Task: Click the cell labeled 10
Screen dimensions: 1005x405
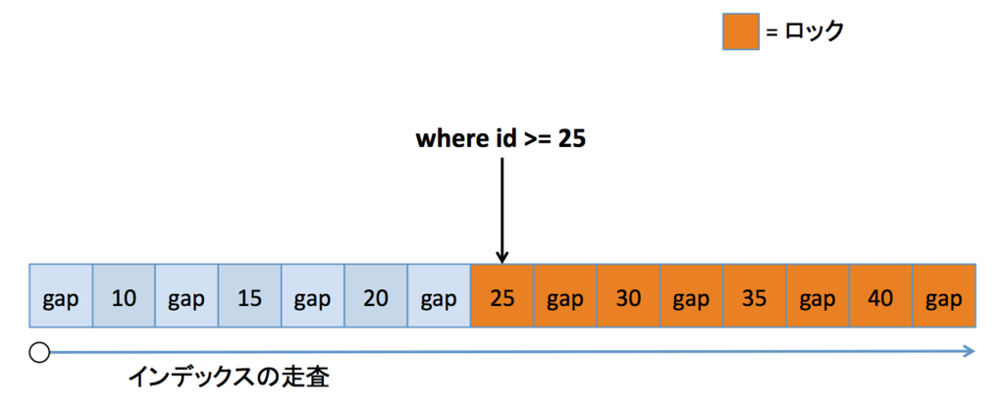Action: tap(125, 295)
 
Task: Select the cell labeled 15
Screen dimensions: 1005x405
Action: tap(250, 295)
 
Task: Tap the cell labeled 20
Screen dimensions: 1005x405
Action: tap(376, 295)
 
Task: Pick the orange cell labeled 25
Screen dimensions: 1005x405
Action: tap(502, 295)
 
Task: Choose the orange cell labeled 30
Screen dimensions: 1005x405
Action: tap(628, 295)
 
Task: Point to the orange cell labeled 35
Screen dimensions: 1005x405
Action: tap(755, 295)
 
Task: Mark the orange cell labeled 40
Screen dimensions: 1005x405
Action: tap(880, 295)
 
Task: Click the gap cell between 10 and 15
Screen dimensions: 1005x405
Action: tap(187, 295)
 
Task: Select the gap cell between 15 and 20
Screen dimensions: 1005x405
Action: tap(313, 295)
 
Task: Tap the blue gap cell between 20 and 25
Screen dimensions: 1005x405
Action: tap(439, 295)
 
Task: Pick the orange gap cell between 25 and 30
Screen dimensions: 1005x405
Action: tap(565, 295)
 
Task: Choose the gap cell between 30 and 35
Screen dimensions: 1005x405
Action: tap(692, 295)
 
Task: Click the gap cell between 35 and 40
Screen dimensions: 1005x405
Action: tap(818, 295)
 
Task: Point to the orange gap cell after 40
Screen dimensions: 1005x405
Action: tap(944, 295)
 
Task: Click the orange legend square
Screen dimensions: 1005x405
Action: tap(741, 31)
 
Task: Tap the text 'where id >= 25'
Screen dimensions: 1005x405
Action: tap(501, 140)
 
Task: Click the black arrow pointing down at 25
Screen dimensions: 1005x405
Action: tap(502, 211)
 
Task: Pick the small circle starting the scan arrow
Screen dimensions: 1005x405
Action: tap(39, 352)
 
